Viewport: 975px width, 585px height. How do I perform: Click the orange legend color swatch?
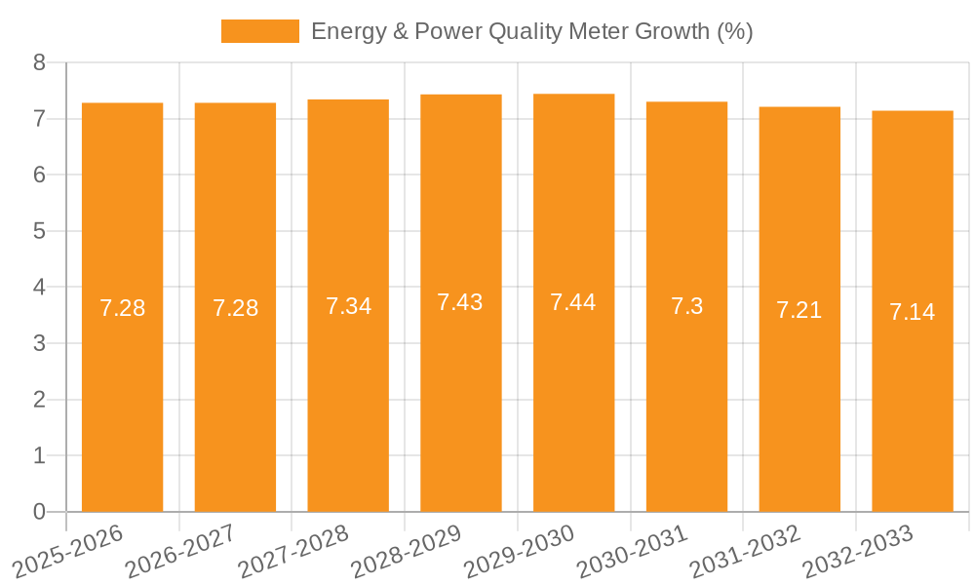[260, 31]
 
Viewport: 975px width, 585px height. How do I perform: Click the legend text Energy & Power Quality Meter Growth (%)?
[531, 31]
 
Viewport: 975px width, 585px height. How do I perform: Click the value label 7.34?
[348, 306]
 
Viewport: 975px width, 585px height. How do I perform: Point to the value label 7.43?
[460, 302]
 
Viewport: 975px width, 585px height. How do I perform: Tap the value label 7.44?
[573, 302]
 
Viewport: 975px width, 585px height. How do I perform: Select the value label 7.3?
[686, 306]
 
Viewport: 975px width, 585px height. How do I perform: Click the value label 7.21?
[799, 310]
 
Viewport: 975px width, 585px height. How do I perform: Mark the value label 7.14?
[912, 312]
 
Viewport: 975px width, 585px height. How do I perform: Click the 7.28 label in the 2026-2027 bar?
[235, 308]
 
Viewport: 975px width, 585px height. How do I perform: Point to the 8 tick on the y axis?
[40, 62]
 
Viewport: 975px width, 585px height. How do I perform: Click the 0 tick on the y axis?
[40, 512]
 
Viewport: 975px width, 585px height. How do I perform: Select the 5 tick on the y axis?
[40, 231]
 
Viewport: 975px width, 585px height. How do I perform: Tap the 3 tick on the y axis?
[40, 343]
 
